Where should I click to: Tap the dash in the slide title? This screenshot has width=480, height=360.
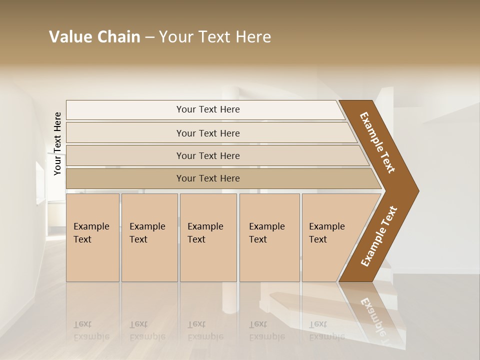click(149, 37)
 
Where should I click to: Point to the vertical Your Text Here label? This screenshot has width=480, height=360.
click(57, 143)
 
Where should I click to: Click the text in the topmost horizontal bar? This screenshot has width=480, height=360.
click(208, 109)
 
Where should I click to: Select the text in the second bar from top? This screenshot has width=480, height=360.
click(208, 133)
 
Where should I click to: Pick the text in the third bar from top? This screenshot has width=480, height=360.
click(208, 156)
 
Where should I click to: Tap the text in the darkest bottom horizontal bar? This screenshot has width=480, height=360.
click(208, 178)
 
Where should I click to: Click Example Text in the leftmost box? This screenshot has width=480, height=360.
click(91, 233)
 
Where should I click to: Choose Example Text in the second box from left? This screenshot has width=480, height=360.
click(147, 233)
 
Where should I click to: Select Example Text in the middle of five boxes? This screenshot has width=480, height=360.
click(205, 233)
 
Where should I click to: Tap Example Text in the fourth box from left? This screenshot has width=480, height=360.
click(266, 233)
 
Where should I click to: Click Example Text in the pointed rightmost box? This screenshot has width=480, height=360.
click(326, 233)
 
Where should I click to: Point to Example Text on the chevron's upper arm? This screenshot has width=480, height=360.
click(378, 142)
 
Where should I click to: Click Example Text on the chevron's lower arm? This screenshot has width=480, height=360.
click(378, 236)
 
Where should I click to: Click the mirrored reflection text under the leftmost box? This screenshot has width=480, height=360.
click(91, 330)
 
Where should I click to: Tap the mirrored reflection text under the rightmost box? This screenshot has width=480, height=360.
click(326, 330)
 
